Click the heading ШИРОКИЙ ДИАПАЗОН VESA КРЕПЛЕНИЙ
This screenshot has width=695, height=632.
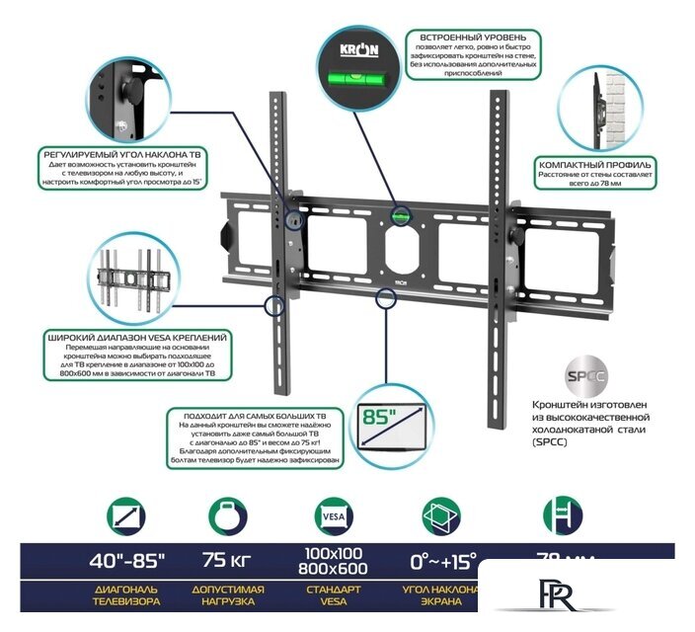click(x=137, y=338)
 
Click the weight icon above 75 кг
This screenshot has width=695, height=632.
click(x=227, y=516)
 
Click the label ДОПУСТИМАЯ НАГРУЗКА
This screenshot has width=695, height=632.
click(x=227, y=595)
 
